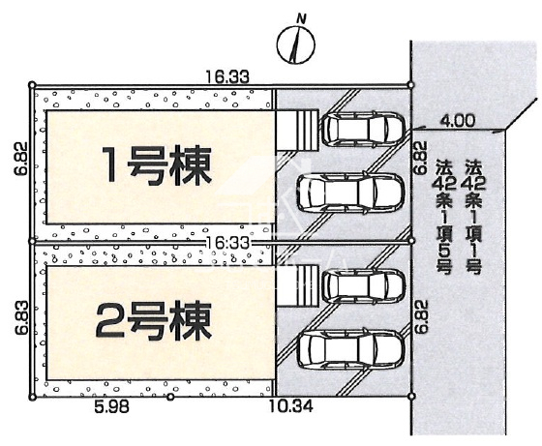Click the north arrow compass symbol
[x=296, y=45]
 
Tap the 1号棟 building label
[x=158, y=164]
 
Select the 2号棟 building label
[x=154, y=320]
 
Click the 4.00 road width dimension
[x=457, y=121]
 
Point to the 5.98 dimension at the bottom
[x=111, y=407]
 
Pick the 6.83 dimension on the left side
[x=21, y=317]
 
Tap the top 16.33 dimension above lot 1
[x=227, y=76]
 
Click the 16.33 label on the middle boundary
[x=227, y=243]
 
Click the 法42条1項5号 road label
[x=443, y=217]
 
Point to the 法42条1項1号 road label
[x=473, y=217]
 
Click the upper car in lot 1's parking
[x=363, y=128]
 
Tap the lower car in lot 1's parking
[x=350, y=192]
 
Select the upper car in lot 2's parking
[x=363, y=285]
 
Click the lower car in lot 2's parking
[x=350, y=348]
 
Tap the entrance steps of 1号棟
[x=297, y=131]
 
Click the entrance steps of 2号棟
[x=297, y=286]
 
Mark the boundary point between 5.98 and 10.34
[x=169, y=397]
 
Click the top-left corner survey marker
[x=32, y=84]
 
